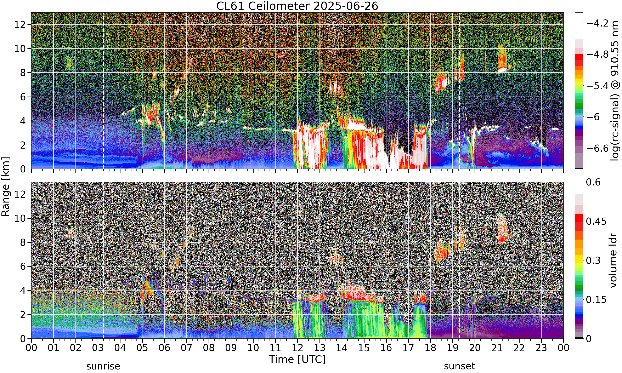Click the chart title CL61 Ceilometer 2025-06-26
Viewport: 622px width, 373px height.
click(297, 6)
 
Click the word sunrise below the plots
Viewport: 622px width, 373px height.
click(103, 366)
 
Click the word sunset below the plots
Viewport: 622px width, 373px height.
click(460, 366)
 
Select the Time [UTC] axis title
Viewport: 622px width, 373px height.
click(297, 360)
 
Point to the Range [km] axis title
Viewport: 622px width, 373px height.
click(6, 186)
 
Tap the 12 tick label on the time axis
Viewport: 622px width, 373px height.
click(298, 348)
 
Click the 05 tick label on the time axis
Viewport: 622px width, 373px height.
click(142, 348)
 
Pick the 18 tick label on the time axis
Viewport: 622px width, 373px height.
click(430, 348)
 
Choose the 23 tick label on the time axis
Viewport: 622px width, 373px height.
click(541, 348)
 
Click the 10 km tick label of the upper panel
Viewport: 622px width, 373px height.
click(20, 49)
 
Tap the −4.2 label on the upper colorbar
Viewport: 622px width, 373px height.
click(597, 23)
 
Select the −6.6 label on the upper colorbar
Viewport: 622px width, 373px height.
click(597, 148)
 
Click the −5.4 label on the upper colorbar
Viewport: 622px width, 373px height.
click(597, 86)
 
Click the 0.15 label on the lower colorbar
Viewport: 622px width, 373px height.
click(596, 300)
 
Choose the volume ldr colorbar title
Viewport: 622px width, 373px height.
click(614, 260)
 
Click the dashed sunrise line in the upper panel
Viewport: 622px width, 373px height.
click(103, 91)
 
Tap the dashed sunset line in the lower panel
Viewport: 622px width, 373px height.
click(460, 260)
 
